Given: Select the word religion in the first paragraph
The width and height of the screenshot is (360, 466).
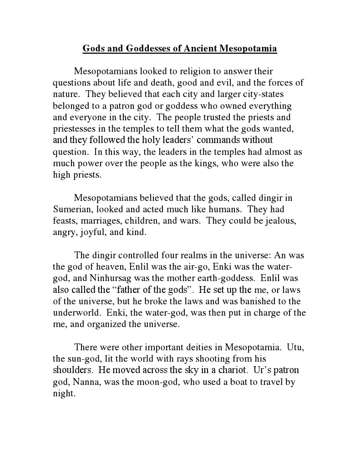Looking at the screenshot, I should pyautogui.click(x=176, y=72).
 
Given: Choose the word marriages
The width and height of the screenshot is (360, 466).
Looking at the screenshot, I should pyautogui.click(x=103, y=220).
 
